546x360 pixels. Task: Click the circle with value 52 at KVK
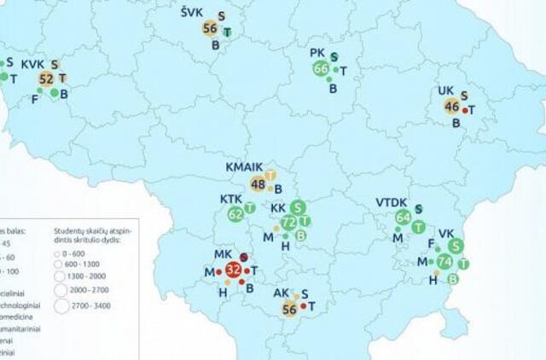[x=46, y=79]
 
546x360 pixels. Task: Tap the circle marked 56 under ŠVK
[x=210, y=29]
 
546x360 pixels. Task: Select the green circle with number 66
[x=321, y=69]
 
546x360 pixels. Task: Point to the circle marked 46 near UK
[x=451, y=107]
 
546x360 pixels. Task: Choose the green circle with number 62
[x=235, y=215]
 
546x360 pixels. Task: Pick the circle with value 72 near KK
[x=288, y=224]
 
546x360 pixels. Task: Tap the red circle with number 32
[x=233, y=271]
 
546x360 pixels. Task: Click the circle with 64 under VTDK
[x=404, y=218]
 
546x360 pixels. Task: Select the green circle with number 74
[x=444, y=262]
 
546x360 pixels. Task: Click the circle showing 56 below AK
[x=288, y=311]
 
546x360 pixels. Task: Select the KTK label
[x=231, y=199]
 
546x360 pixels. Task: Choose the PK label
[x=317, y=53]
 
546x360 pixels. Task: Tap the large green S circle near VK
[x=456, y=246]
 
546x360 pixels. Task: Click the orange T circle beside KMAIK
[x=270, y=175]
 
